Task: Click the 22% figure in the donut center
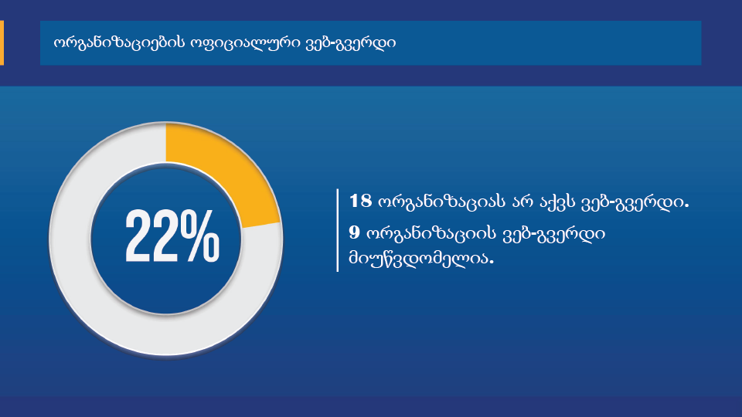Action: coord(172,236)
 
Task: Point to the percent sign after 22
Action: coord(201,236)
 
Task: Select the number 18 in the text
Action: coord(361,201)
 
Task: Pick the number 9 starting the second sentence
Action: coord(355,232)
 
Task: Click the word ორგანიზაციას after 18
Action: coord(441,202)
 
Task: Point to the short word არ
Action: coord(522,202)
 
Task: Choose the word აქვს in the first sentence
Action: coord(556,202)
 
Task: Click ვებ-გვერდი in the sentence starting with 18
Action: coord(634,202)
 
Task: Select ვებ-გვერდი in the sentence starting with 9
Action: coord(553,233)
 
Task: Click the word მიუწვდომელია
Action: coord(421,259)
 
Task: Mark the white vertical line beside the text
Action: coord(338,230)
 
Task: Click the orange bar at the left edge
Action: coord(2,42)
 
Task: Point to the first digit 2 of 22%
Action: coord(138,236)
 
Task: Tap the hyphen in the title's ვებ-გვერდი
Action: coord(332,44)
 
